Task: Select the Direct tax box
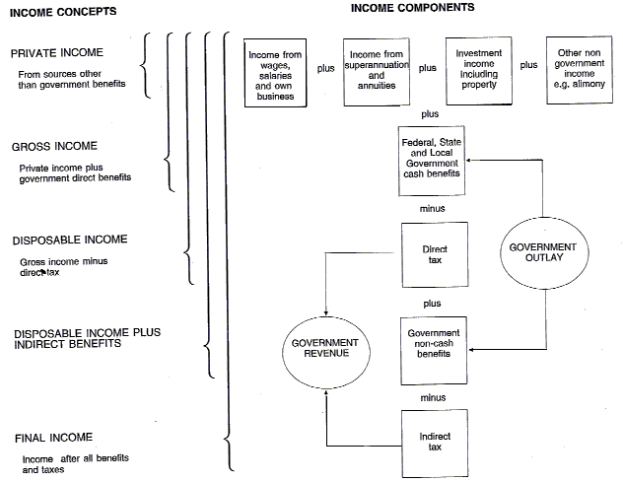click(435, 255)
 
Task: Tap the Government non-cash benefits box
click(435, 349)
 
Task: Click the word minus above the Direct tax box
click(432, 208)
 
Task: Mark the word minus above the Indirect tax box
click(432, 397)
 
